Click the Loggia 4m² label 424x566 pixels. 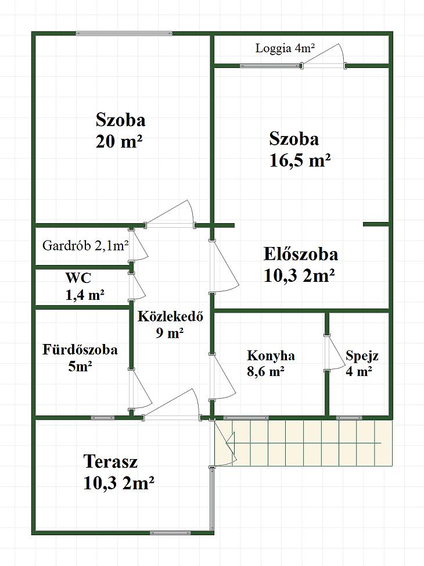pyautogui.click(x=285, y=48)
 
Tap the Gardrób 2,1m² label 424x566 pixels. pyautogui.click(x=85, y=246)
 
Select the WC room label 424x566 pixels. pyautogui.click(x=78, y=278)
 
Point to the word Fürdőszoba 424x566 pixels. pyautogui.click(x=80, y=349)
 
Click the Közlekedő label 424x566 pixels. pyautogui.click(x=170, y=316)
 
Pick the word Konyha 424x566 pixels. pyautogui.click(x=271, y=356)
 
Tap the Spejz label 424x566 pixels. pyautogui.click(x=362, y=356)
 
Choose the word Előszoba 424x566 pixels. pyautogui.click(x=301, y=254)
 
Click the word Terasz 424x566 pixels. pyautogui.click(x=110, y=461)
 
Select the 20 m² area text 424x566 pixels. pyautogui.click(x=119, y=142)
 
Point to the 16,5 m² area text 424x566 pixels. pyautogui.click(x=300, y=160)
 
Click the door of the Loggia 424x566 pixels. pyautogui.click(x=324, y=56)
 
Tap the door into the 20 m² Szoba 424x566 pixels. pyautogui.click(x=170, y=214)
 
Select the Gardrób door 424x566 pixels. pyautogui.click(x=138, y=245)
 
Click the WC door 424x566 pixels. pyautogui.click(x=137, y=286)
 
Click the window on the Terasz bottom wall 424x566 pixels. pyautogui.click(x=170, y=532)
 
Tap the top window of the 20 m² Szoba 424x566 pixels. pyautogui.click(x=124, y=34)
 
